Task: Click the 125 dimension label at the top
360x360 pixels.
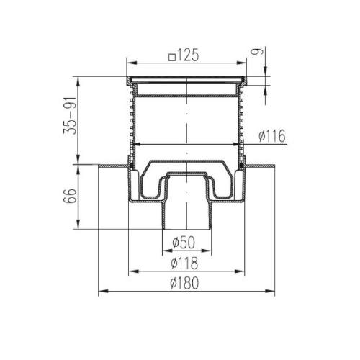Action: click(188, 55)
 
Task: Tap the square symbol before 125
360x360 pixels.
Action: click(172, 58)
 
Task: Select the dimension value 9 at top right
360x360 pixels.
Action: click(258, 51)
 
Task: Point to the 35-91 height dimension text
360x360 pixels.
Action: click(70, 116)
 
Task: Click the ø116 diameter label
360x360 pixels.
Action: click(272, 136)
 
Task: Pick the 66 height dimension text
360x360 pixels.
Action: click(70, 196)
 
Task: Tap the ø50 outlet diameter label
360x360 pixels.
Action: click(184, 243)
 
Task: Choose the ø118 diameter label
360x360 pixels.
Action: click(184, 263)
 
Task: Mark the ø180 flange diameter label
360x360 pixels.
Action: click(184, 283)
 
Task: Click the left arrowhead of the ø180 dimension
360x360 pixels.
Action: click(103, 291)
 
